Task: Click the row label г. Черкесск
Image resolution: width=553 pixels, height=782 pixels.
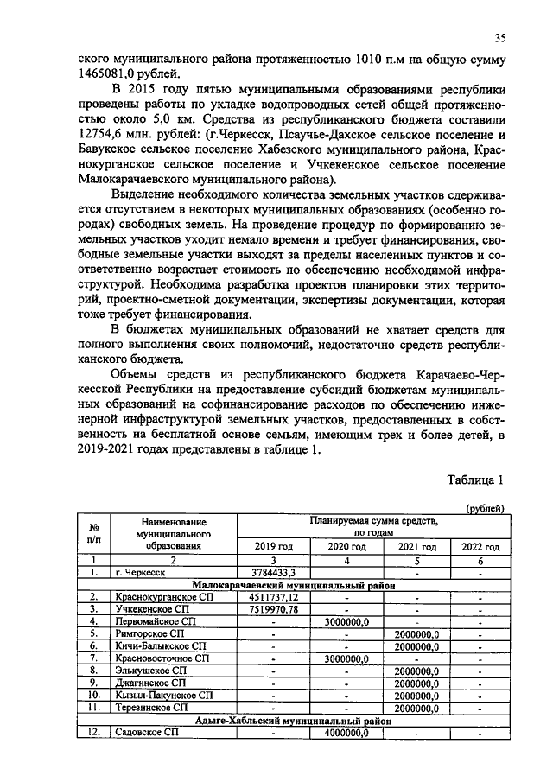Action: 140,572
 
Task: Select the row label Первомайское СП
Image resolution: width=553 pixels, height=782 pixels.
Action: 156,621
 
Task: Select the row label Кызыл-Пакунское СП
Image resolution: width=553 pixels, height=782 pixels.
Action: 162,695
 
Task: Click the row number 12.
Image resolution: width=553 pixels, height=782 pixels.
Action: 92,733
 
